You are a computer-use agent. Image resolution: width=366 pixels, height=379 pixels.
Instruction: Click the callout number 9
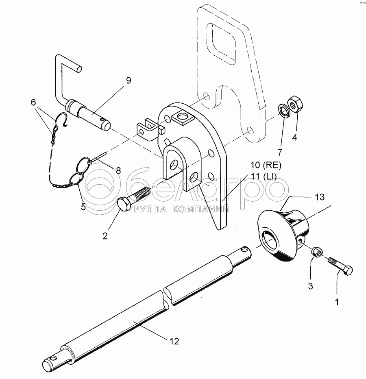coord(128,80)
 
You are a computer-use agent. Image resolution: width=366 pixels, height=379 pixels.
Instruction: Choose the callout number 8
coord(118,171)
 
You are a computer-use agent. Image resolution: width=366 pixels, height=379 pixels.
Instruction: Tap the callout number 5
coord(83,207)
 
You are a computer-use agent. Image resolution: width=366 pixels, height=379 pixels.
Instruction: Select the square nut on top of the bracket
coord(182,118)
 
